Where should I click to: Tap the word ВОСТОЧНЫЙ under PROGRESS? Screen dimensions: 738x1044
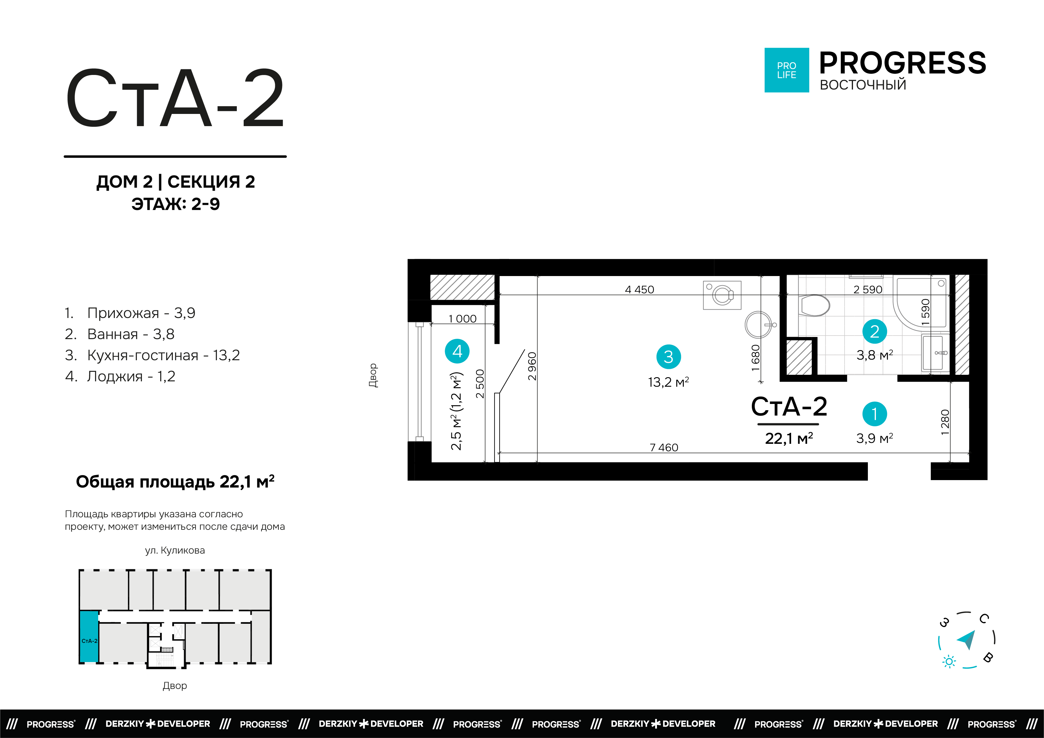click(863, 85)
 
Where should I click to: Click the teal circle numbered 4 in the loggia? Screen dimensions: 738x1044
click(457, 351)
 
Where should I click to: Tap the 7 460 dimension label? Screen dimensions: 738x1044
click(663, 447)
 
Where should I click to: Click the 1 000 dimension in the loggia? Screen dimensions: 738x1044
click(462, 319)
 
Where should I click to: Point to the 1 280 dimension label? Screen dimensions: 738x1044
click(945, 422)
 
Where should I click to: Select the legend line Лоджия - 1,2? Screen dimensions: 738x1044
click(131, 377)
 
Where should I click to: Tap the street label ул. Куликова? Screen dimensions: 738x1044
click(175, 550)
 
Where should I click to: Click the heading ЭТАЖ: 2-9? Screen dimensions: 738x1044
click(176, 204)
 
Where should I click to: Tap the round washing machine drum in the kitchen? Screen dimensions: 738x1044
click(722, 295)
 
